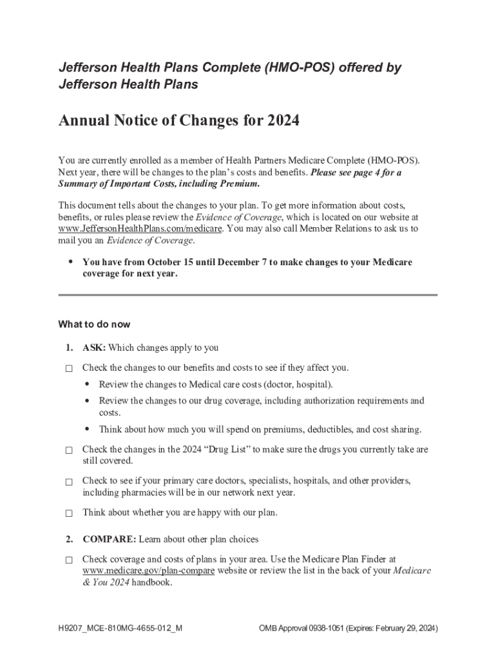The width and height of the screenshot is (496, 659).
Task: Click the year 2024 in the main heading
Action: click(x=281, y=120)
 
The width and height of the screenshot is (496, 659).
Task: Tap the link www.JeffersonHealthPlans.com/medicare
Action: click(x=140, y=228)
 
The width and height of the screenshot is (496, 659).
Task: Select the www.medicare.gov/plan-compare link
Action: click(x=148, y=571)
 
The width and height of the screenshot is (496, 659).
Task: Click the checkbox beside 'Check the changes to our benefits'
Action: click(x=69, y=369)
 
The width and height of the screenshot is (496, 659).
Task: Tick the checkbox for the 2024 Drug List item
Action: click(x=69, y=450)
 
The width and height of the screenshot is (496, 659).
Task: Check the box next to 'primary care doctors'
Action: click(x=69, y=481)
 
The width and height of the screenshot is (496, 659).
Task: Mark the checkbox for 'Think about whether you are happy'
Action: click(x=69, y=514)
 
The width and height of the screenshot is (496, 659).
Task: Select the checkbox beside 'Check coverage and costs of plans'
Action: click(x=69, y=561)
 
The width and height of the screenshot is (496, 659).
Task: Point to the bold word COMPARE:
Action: click(x=109, y=539)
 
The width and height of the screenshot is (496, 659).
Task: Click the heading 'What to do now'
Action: click(x=95, y=324)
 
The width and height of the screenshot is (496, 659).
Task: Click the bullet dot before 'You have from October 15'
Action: click(x=70, y=262)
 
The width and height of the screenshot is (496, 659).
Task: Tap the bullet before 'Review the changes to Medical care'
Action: click(x=87, y=384)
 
